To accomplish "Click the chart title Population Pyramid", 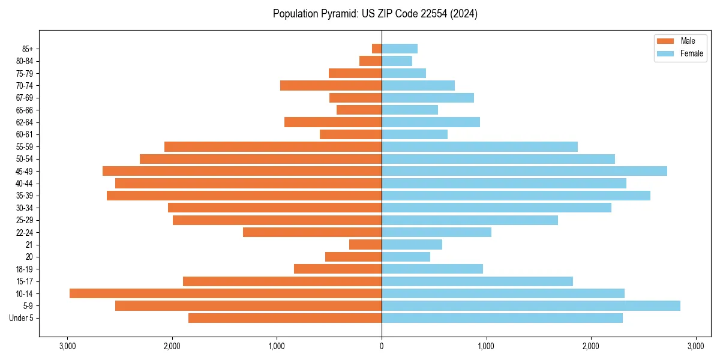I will tap(375, 14).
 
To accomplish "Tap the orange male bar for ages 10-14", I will tap(226, 293).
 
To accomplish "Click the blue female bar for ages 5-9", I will tap(530, 306).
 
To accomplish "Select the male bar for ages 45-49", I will tap(242, 171).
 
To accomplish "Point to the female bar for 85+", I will tap(399, 49).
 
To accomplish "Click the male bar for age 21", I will tap(365, 245).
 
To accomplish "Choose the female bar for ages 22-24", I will tap(436, 232).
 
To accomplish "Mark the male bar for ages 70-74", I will tap(331, 85).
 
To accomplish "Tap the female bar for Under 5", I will tap(502, 318).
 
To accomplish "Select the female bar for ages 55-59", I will tap(479, 146).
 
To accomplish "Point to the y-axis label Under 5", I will tap(22, 318).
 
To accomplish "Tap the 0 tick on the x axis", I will tap(382, 346).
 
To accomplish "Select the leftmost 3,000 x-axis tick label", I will tap(67, 346).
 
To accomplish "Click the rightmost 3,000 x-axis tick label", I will tap(695, 346).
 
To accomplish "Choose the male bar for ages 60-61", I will tap(350, 134).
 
